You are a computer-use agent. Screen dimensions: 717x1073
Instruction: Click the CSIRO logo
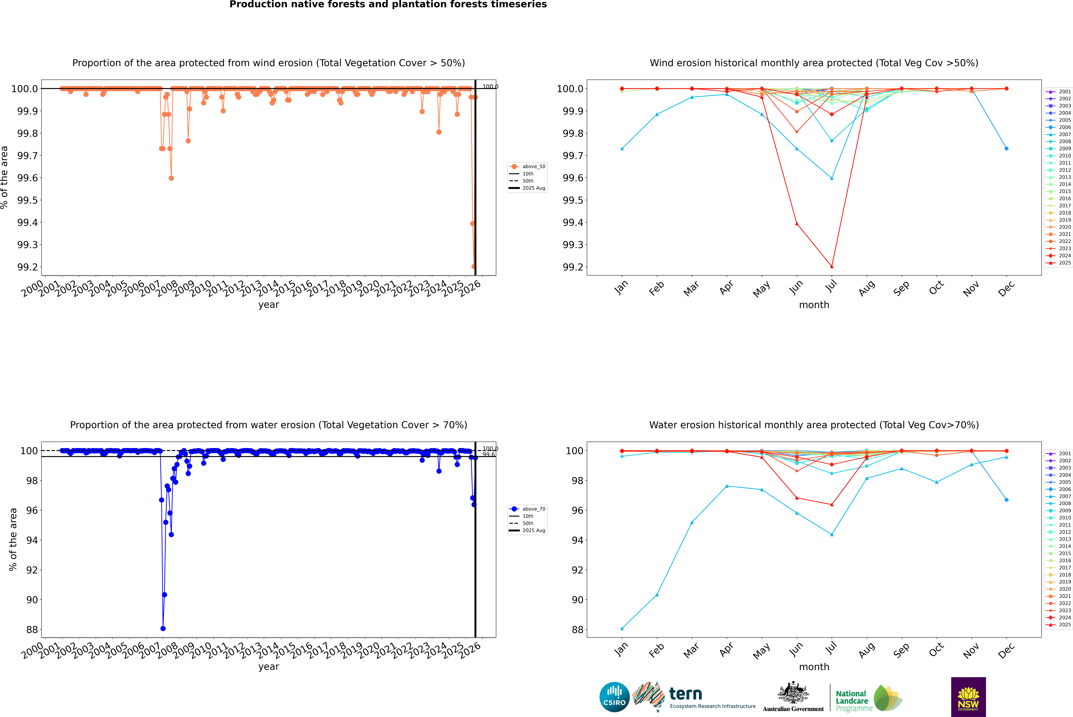pos(614,697)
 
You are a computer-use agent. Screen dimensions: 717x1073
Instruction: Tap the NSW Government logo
pos(968,697)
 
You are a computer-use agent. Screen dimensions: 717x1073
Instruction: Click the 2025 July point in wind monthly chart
pos(831,267)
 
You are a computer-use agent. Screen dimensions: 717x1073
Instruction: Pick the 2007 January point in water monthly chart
pos(622,628)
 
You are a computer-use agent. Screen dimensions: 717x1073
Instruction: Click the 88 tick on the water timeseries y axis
pos(32,630)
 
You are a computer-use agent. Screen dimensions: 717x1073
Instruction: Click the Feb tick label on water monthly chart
pos(656,650)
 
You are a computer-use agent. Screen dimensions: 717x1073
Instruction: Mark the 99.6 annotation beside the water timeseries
pos(488,455)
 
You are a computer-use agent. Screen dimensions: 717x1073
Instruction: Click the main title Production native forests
pos(388,5)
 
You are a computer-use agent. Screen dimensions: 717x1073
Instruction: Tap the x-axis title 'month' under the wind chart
pos(814,305)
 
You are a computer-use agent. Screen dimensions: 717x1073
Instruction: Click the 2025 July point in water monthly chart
pos(831,505)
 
